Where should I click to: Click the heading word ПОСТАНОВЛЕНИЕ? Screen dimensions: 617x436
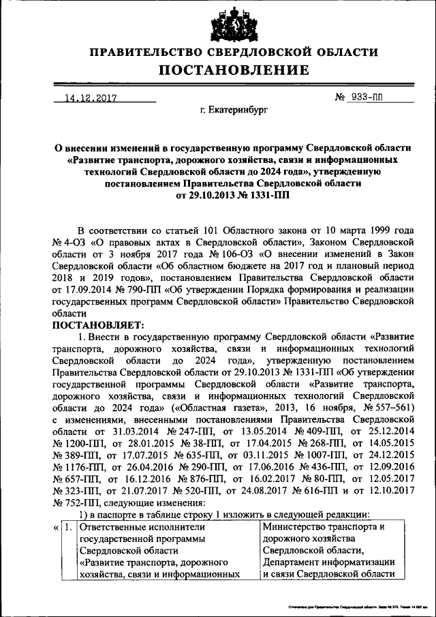(234, 70)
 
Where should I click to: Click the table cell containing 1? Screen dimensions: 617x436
(68, 527)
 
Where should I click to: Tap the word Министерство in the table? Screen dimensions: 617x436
(296, 527)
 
